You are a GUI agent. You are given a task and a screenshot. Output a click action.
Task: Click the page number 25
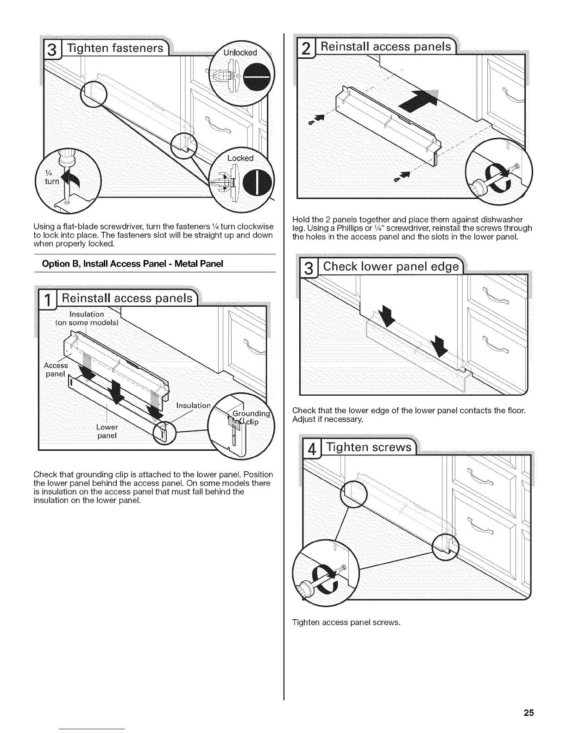click(529, 712)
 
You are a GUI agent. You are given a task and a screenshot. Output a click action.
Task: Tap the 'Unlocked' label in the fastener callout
click(240, 52)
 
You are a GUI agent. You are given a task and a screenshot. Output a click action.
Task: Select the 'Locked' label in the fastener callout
click(240, 158)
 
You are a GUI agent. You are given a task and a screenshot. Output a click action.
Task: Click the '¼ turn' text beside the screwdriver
click(51, 177)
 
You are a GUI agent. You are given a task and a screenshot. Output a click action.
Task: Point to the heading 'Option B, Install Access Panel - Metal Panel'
click(132, 264)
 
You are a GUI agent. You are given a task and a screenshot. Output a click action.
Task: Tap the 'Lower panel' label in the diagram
click(107, 431)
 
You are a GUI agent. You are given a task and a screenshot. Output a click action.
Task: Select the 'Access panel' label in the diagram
click(56, 370)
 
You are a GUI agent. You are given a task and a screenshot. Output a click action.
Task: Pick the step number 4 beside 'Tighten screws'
click(313, 450)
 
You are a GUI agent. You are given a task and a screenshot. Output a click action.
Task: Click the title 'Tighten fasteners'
click(115, 48)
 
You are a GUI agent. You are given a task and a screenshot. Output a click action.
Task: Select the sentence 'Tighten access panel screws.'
click(346, 622)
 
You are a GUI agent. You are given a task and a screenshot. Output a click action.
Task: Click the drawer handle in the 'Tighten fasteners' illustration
click(218, 124)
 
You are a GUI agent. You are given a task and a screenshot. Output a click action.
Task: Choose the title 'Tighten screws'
click(369, 447)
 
